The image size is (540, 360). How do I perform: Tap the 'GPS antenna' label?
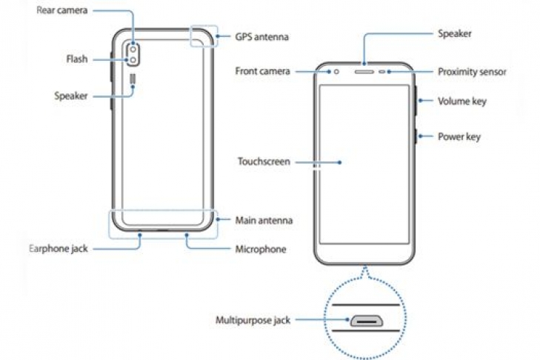pos(261,36)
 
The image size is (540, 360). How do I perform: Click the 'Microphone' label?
pos(260,249)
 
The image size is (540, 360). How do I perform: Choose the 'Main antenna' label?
pos(264,220)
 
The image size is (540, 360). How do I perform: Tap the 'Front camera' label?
pos(263,72)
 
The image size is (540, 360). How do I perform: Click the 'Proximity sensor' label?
pos(472,71)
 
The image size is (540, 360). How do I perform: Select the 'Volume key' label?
pos(461,101)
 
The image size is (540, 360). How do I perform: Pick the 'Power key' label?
pos(459,136)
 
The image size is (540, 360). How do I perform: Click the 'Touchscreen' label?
pos(264,161)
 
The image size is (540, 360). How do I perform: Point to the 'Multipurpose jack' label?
pos(253,320)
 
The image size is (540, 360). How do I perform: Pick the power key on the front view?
pos(416,135)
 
